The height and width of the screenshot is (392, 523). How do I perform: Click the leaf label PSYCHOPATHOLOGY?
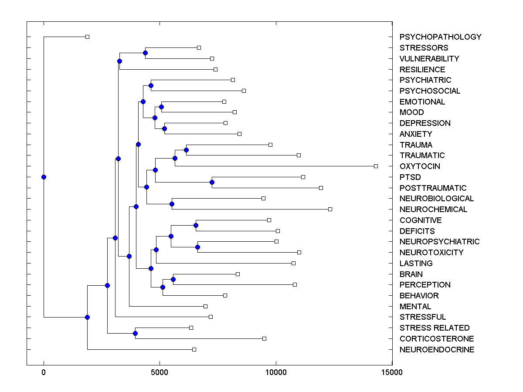point(440,37)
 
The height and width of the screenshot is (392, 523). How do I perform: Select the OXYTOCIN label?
point(420,166)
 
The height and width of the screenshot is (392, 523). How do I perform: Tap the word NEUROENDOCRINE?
point(437,350)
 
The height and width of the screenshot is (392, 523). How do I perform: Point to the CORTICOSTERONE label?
point(437,339)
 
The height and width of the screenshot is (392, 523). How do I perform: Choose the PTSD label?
point(410,177)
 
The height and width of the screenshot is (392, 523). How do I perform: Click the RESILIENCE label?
point(422,70)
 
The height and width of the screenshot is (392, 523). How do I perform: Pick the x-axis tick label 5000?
point(160,372)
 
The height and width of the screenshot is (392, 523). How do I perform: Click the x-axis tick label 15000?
point(392,372)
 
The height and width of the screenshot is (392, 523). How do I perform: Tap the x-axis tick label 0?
point(44,372)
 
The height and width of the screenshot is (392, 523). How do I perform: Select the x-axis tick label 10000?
point(276,372)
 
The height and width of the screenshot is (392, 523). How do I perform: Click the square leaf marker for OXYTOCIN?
point(376,166)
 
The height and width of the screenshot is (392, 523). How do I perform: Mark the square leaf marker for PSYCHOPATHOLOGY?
point(87,37)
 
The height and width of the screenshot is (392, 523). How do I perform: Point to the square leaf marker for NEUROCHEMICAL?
point(330,209)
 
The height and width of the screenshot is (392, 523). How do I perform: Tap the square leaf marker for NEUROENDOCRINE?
point(194,349)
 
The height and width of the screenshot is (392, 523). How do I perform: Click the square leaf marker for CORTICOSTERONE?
point(264,338)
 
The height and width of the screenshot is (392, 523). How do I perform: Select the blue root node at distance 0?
point(44,177)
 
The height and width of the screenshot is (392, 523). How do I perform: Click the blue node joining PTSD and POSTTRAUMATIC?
point(212,182)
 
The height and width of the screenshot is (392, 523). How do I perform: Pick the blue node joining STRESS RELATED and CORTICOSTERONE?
point(135,333)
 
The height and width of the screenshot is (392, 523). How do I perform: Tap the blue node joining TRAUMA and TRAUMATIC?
point(186,150)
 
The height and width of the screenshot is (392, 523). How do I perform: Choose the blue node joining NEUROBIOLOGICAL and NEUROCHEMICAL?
point(172,204)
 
